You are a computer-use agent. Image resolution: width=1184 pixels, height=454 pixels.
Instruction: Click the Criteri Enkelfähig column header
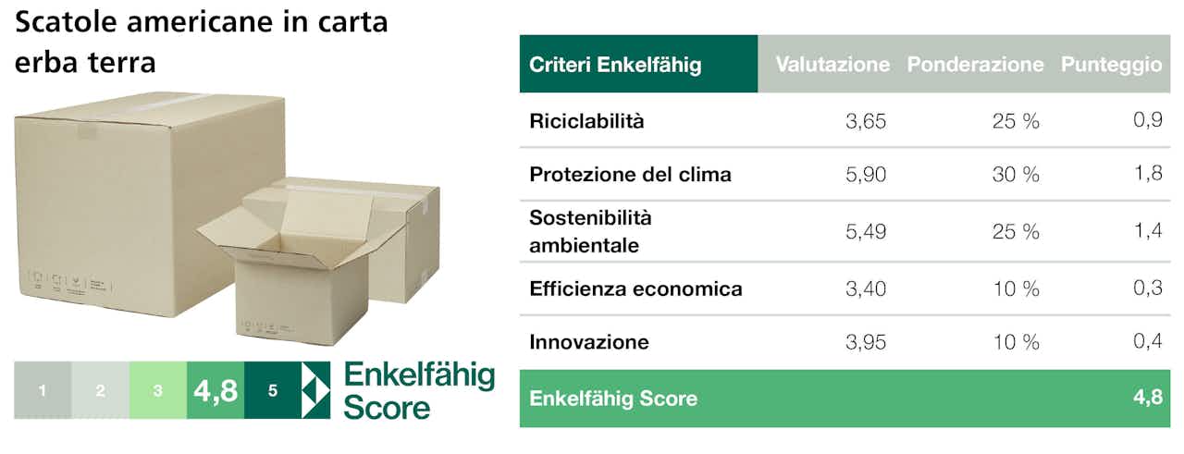click(x=615, y=65)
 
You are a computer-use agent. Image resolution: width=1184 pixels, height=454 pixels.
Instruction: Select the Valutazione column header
click(x=832, y=65)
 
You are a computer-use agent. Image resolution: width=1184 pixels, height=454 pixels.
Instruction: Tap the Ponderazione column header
click(x=975, y=65)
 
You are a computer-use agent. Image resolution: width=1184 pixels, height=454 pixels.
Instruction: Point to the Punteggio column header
click(x=1111, y=65)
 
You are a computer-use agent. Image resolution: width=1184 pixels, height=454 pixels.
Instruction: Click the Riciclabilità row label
click(x=586, y=121)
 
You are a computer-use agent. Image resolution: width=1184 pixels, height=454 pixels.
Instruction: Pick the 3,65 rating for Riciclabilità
click(x=865, y=121)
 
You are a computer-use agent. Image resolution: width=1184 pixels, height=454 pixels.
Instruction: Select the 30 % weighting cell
click(x=1016, y=175)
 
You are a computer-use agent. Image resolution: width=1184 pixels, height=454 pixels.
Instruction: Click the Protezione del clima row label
click(x=630, y=175)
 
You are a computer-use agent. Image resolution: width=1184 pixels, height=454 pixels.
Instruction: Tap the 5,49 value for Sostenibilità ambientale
click(x=865, y=231)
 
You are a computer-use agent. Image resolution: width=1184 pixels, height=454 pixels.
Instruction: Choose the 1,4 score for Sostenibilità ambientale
click(x=1148, y=230)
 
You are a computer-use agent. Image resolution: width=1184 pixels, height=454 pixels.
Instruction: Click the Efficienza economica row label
click(x=635, y=289)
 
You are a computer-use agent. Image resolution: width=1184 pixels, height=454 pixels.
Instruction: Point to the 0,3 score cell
click(x=1148, y=288)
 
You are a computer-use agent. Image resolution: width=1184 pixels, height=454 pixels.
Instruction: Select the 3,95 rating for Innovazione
click(x=865, y=342)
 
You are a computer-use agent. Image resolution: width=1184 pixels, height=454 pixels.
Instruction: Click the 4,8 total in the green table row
click(x=1148, y=397)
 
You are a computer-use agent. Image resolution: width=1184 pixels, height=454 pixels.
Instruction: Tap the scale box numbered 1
click(x=43, y=390)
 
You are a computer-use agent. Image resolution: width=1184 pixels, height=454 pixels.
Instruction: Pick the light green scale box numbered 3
click(x=158, y=390)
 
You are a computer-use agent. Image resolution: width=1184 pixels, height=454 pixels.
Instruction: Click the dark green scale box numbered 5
click(x=273, y=390)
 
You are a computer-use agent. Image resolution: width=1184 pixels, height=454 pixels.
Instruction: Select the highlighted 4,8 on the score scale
click(x=216, y=390)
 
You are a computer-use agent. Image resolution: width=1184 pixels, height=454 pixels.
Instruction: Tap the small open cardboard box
click(x=302, y=270)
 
